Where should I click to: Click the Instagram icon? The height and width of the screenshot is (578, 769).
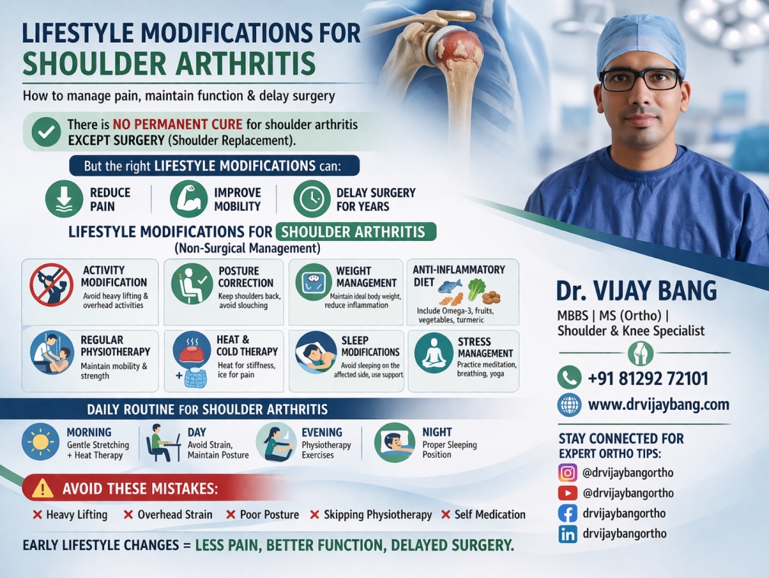[x=568, y=472]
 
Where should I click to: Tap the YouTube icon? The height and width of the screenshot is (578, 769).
[x=568, y=493]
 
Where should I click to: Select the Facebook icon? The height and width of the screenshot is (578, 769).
[x=568, y=513]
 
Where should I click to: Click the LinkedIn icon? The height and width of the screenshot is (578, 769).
[x=568, y=534]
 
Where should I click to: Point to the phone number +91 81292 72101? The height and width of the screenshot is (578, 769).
[x=647, y=378]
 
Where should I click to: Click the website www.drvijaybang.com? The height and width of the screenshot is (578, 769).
[x=658, y=405]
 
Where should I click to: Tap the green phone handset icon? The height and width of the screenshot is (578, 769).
[x=569, y=377]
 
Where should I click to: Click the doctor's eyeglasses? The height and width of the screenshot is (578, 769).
[x=640, y=78]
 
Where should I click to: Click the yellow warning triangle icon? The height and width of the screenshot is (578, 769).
[x=43, y=487]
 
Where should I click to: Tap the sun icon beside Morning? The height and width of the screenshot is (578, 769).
[x=40, y=442]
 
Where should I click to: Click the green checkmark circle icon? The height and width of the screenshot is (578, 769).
[x=46, y=132]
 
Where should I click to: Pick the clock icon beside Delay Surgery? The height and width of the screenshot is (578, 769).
[x=312, y=198]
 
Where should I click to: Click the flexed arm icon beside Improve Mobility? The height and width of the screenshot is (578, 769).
[x=188, y=198]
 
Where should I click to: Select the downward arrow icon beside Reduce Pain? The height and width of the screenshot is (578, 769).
[x=64, y=198]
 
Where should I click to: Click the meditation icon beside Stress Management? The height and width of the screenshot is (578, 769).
[x=433, y=351]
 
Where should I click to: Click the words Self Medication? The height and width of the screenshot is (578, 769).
[x=489, y=515]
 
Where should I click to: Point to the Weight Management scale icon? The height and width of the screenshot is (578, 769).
[x=313, y=281]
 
